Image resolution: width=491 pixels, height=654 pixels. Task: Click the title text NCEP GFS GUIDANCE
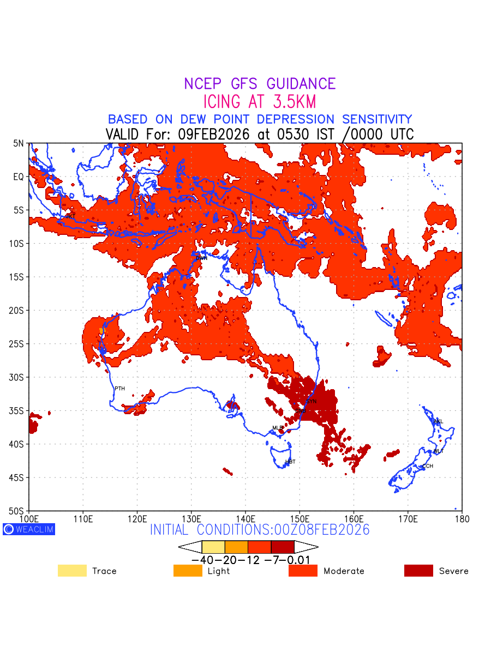(x=260, y=84)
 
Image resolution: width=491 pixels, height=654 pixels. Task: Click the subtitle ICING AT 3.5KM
(x=260, y=102)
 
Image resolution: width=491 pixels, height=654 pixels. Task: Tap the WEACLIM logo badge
(x=29, y=529)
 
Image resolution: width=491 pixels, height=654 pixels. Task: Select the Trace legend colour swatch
(x=72, y=571)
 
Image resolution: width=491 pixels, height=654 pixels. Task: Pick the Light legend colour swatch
(x=188, y=571)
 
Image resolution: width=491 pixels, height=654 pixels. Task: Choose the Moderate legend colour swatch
(x=303, y=571)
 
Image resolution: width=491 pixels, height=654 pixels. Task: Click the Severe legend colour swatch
(x=418, y=571)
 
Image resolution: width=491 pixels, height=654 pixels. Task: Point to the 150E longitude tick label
(x=300, y=518)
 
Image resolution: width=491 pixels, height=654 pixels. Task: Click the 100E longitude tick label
(x=29, y=518)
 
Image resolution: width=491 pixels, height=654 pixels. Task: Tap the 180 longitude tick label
(x=462, y=518)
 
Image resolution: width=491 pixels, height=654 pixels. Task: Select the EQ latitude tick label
(x=19, y=177)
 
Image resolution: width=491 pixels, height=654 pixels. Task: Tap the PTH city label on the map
(x=119, y=389)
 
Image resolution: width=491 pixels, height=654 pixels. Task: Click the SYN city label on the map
(x=311, y=402)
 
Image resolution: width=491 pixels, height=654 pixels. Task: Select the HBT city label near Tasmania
(x=290, y=462)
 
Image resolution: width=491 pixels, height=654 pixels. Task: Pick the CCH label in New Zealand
(x=428, y=467)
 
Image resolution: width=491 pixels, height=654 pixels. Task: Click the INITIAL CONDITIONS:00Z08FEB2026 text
(x=260, y=530)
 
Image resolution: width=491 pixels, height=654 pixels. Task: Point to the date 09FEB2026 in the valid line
(x=214, y=135)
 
